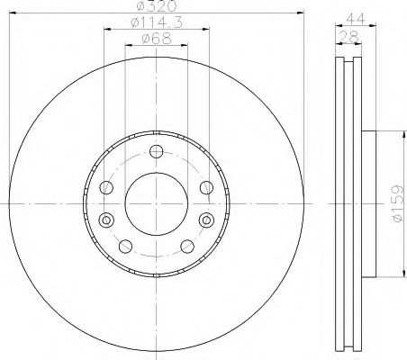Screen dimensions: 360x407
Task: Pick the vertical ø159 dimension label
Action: pyautogui.click(x=396, y=202)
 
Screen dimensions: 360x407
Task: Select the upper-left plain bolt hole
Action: pyautogui.click(x=107, y=187)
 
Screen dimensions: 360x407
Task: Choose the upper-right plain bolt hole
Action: pyautogui.click(x=206, y=187)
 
